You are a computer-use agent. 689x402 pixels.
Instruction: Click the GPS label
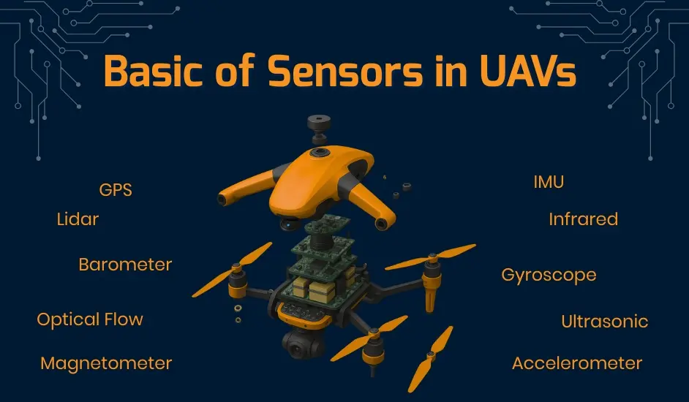[x=116, y=190]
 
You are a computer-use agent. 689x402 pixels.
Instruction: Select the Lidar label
[x=78, y=219]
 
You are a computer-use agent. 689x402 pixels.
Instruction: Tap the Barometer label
[x=125, y=264]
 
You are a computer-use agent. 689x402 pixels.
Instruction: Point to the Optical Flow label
[x=90, y=319]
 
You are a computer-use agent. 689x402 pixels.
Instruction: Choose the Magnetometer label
[x=106, y=363]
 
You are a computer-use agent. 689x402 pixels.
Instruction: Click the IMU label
[x=549, y=182]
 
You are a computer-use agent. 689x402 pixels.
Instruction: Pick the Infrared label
[x=583, y=219]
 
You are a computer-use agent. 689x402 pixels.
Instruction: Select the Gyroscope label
[x=549, y=276]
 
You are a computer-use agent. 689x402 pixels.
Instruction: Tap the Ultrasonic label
[x=604, y=321]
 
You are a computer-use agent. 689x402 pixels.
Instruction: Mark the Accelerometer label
[x=576, y=363]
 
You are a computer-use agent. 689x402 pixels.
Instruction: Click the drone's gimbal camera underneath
[x=299, y=343]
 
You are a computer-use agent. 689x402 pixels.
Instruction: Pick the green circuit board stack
[x=322, y=267]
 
